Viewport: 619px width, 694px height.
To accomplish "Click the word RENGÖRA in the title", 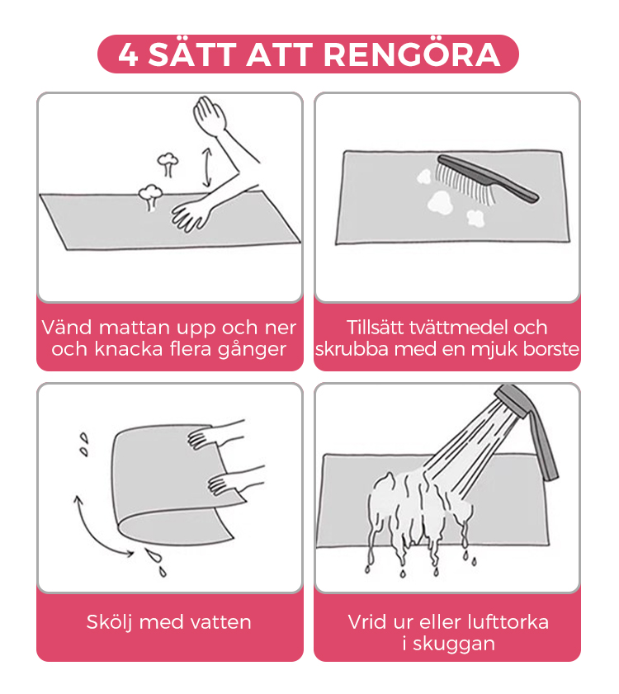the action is tap(412, 54).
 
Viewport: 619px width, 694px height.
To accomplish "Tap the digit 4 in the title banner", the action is tap(129, 55).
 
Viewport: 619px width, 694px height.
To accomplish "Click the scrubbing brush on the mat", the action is tap(486, 181).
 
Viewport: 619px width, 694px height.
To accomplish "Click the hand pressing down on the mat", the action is tap(191, 215).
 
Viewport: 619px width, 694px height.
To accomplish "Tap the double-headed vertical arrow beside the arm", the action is tap(207, 168).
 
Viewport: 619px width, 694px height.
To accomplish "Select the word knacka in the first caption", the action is tap(129, 349).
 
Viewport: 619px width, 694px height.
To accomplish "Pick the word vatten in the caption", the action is tap(220, 622).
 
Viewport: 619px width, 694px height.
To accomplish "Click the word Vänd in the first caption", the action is tap(66, 328).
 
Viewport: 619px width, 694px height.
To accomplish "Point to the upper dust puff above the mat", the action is tap(168, 163).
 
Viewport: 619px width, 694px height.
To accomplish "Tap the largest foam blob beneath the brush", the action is tap(440, 202).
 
